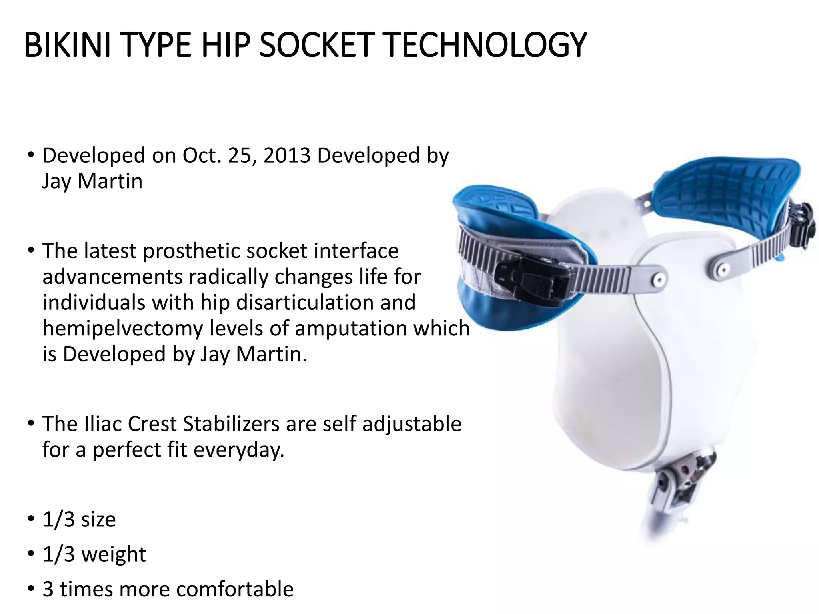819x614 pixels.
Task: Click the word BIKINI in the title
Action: (x=67, y=45)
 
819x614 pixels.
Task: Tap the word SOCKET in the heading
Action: (x=316, y=45)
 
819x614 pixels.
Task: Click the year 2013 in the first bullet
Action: (x=287, y=155)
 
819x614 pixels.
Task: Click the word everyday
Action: (x=239, y=450)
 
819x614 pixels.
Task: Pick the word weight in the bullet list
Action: (x=114, y=554)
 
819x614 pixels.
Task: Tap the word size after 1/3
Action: (x=98, y=520)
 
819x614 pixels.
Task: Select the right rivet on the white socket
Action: (x=722, y=270)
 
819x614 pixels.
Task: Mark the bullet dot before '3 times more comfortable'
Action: (x=31, y=588)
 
